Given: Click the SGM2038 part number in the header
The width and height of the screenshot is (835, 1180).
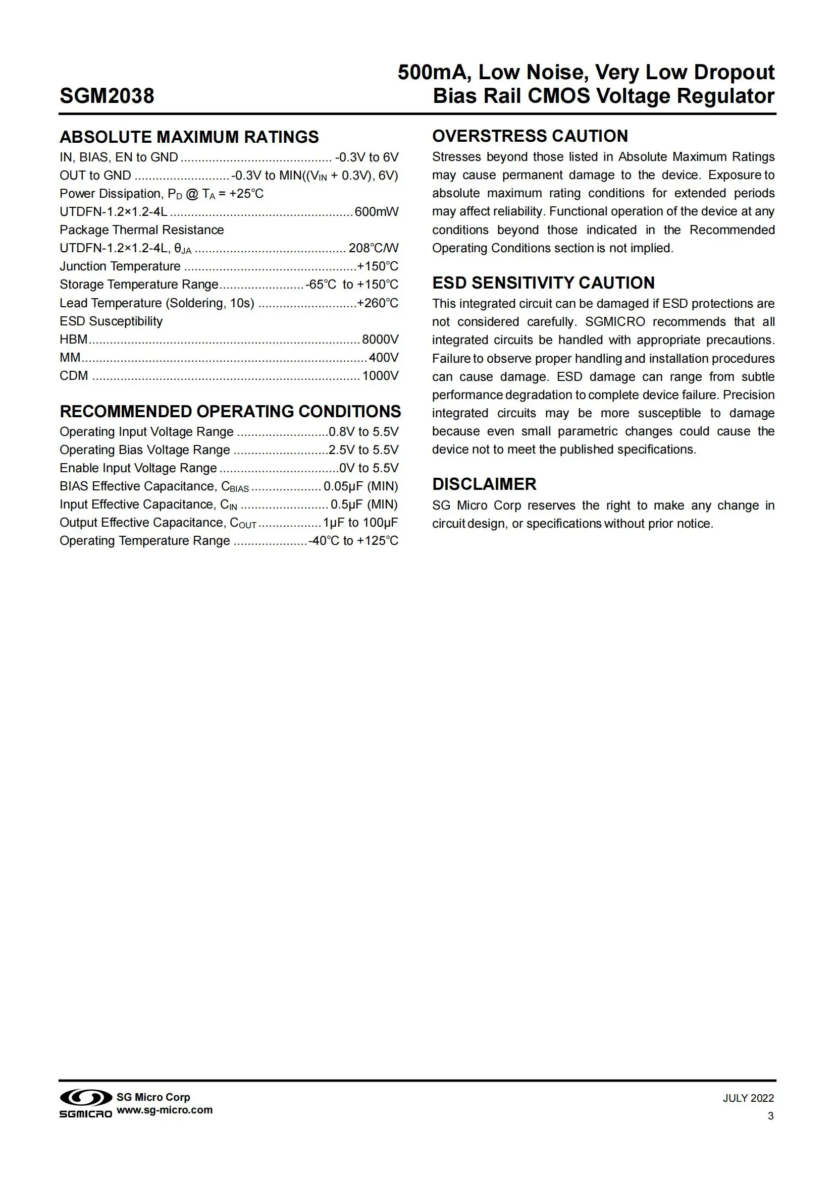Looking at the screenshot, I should pos(107,96).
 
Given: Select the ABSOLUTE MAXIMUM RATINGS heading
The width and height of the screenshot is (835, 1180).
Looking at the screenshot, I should pos(189,137).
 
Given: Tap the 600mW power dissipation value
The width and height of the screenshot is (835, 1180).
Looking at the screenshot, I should pos(377,212).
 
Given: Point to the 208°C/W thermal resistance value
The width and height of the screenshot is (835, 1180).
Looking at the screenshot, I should pos(373,248).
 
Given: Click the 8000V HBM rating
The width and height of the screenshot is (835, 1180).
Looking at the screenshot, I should pos(380,339).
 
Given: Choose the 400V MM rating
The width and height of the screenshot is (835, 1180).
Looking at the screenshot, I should pos(384,357).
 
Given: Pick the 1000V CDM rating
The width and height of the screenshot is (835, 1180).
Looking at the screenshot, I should pos(380,376).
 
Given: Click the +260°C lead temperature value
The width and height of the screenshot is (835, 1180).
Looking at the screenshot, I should pos(378,303).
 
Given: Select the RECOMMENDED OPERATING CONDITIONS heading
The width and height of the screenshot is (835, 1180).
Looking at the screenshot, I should pos(230,412).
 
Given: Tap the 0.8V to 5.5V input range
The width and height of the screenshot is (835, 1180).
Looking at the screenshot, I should pos(363,432).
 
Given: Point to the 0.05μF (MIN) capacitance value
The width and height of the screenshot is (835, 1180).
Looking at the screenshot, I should pos(361,486).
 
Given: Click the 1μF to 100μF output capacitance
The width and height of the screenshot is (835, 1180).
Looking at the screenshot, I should pos(360,523).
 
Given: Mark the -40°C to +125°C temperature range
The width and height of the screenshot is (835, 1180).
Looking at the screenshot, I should pos(353,541).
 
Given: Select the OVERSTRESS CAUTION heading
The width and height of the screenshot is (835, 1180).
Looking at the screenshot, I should pos(530,136).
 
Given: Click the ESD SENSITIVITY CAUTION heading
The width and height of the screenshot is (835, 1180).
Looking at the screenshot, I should pos(544,283).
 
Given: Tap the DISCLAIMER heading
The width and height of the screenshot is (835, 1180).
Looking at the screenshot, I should pos(484,484).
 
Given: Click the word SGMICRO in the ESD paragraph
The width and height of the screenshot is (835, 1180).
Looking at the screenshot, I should pos(615,322).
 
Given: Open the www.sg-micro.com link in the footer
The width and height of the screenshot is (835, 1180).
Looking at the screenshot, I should pos(165,1109).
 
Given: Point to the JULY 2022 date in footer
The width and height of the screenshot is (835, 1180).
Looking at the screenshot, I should pos(748,1098).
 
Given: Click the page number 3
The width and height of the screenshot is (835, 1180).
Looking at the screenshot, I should pos(770,1116).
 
